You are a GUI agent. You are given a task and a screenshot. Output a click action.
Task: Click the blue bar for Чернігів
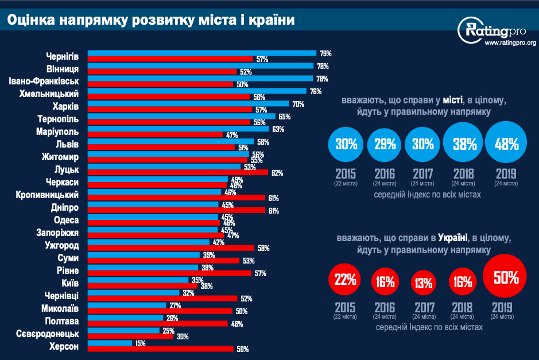(201, 53)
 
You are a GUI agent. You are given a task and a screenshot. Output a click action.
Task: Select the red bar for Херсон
(160, 349)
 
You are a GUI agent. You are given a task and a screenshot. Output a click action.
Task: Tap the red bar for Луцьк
(177, 173)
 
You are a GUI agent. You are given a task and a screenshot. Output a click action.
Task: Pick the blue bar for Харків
(188, 104)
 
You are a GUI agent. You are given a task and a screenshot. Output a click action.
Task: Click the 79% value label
(326, 53)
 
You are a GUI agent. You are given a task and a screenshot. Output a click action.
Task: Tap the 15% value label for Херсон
(141, 343)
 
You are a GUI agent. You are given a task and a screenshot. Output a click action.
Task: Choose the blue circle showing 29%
(385, 144)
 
